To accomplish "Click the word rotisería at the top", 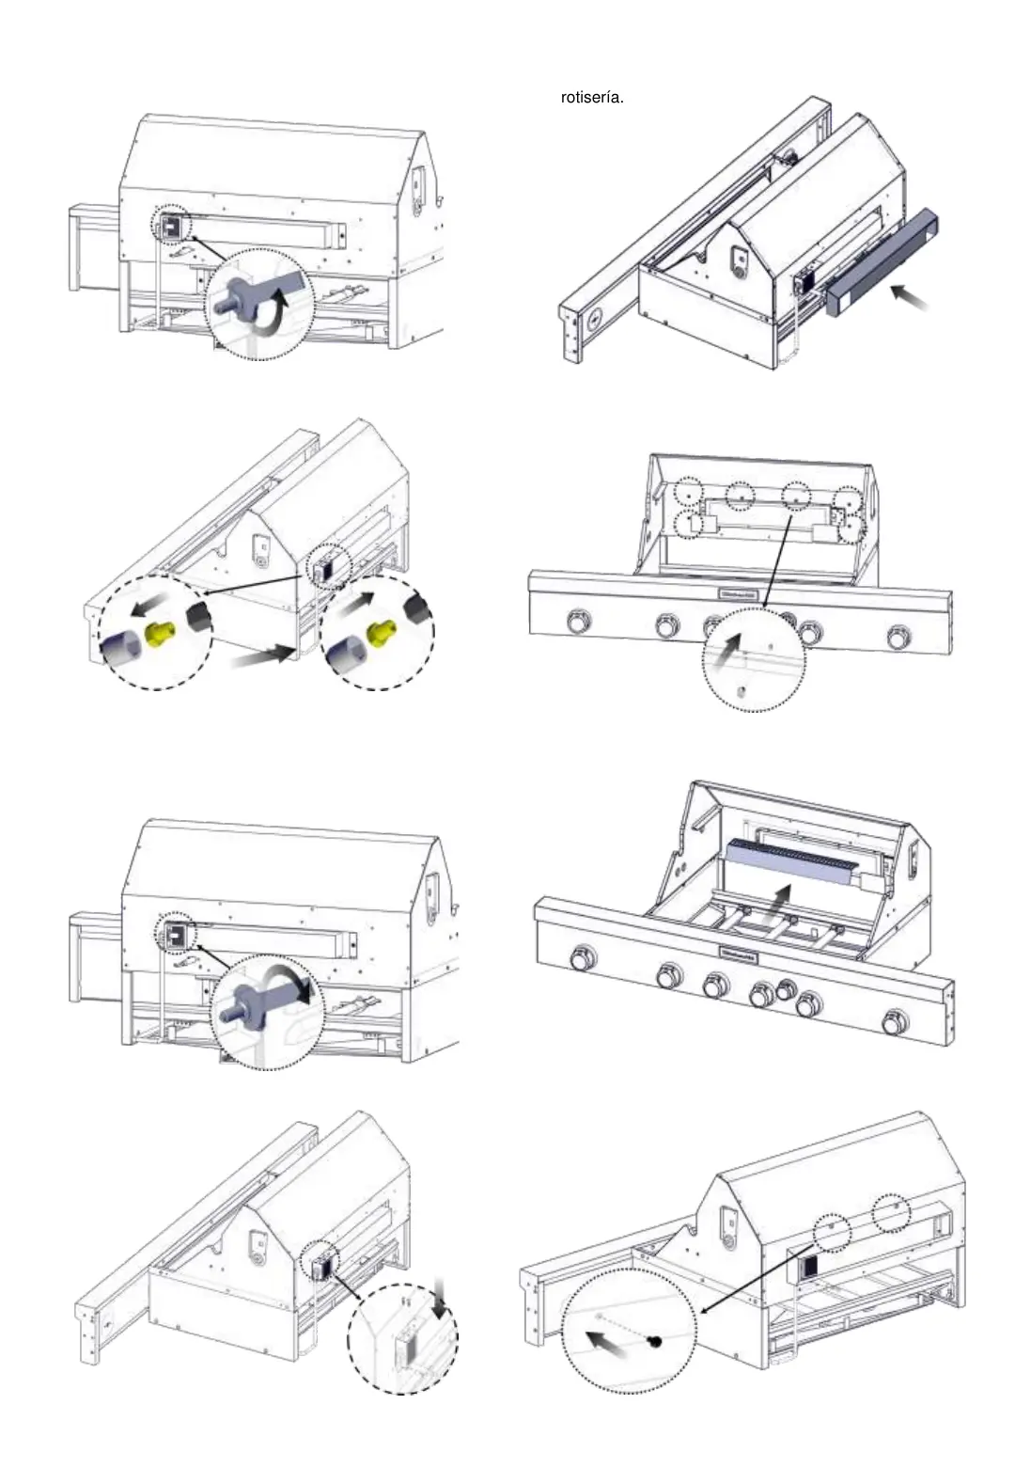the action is tap(591, 98).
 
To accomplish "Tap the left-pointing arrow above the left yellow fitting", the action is tap(150, 601).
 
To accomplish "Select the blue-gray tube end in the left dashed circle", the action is tap(118, 649).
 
